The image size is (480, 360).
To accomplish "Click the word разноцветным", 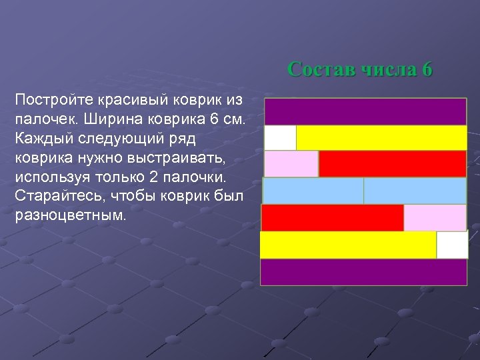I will tap(68, 217).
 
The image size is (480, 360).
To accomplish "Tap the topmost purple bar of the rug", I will tap(365, 111).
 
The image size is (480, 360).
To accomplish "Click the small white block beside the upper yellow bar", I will tap(280, 138).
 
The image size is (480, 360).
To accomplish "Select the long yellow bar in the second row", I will tap(381, 138).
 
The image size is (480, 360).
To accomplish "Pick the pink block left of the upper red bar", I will tap(291, 164).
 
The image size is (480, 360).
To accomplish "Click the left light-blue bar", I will tap(313, 191).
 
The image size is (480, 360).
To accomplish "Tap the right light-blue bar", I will tap(415, 191).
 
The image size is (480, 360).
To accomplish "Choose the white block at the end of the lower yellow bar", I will tap(452, 245).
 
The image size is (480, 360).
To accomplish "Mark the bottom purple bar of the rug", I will tap(363, 272).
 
